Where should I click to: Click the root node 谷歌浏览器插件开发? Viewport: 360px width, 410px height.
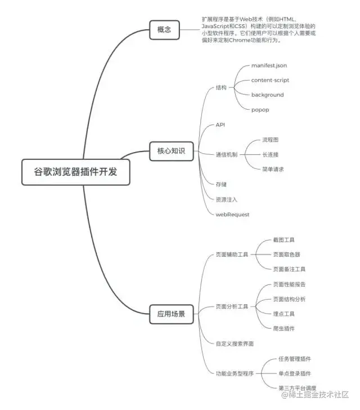tap(76, 172)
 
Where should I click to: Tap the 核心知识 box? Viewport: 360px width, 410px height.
tap(170, 150)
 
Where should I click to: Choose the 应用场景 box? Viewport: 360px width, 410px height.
tap(171, 314)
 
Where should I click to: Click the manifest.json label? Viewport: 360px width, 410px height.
tap(269, 66)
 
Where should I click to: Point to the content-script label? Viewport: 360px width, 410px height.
tap(270, 80)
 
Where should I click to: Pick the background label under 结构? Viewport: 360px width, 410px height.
tap(267, 95)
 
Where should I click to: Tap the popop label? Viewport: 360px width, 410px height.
tap(260, 109)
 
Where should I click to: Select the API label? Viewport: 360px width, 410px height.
tap(220, 124)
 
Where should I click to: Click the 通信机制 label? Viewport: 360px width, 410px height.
tap(227, 154)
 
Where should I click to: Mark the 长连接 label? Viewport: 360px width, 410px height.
tap(270, 154)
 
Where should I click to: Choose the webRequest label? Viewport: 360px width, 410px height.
tap(232, 214)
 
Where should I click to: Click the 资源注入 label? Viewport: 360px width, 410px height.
tap(227, 199)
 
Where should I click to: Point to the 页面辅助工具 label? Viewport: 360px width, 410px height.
tap(232, 255)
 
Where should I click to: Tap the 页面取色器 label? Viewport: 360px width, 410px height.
tap(286, 255)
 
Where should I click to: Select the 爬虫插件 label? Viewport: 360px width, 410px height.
tap(283, 328)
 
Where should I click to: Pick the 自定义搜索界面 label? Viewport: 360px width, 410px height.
tap(235, 343)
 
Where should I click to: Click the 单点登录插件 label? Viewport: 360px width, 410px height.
tap(295, 373)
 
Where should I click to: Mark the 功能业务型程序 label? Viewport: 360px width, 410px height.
tap(235, 373)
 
